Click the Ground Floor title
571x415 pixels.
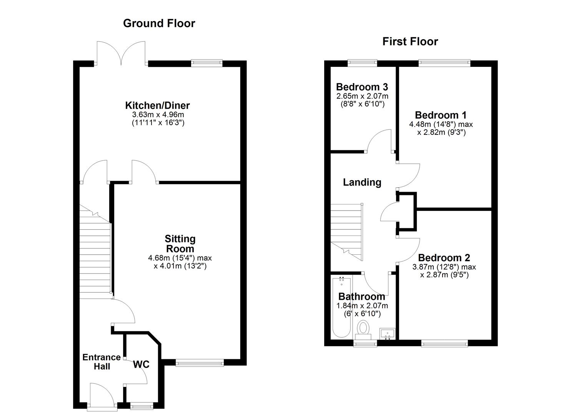159,23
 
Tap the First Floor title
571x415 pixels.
410,41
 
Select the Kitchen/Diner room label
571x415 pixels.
157,105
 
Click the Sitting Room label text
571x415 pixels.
180,244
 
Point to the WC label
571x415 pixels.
141,364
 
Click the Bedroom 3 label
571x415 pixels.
361,87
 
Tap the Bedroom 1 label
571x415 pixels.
441,115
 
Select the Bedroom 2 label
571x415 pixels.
444,257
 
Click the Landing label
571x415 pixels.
362,182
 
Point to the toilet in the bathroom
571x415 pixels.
363,329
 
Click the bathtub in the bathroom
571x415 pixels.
341,307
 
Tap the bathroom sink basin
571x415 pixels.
387,333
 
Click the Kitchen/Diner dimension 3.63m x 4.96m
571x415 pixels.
158,115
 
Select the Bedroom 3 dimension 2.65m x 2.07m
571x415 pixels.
362,96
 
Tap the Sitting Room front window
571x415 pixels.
200,362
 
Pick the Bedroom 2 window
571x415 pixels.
444,343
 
